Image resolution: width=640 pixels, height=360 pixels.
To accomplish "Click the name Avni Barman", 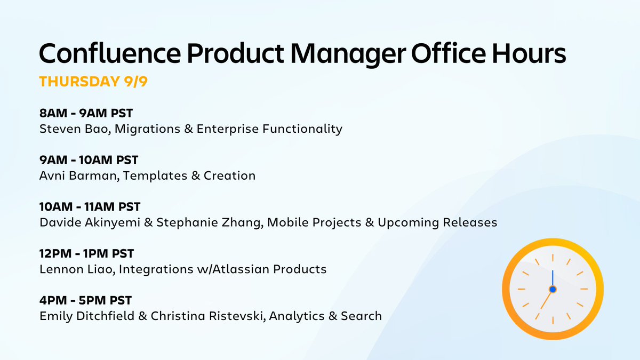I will tap(78, 175).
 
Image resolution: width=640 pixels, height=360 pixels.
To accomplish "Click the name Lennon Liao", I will tap(76, 269).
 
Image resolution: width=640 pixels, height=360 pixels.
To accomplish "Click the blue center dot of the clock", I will tap(553, 289).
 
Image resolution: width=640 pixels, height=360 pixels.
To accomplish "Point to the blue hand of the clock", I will tap(553, 278).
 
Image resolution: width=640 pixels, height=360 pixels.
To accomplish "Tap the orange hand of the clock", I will tap(547, 299).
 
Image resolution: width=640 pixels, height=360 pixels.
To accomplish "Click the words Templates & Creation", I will tap(189, 175).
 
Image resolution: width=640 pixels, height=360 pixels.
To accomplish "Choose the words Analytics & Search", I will tap(325, 316).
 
